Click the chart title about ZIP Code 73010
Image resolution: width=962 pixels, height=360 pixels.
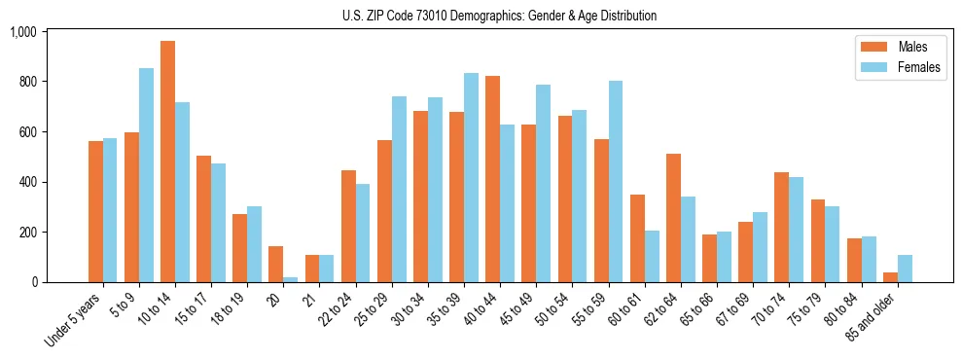click(499, 16)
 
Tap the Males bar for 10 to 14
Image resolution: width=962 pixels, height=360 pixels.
click(167, 162)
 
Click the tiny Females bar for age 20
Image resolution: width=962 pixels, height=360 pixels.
click(291, 279)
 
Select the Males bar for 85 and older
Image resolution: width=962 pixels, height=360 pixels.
click(890, 277)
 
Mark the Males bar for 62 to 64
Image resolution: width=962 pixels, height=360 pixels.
click(673, 218)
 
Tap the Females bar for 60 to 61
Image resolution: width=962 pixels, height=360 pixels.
click(652, 257)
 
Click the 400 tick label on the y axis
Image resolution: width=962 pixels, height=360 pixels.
click(26, 182)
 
